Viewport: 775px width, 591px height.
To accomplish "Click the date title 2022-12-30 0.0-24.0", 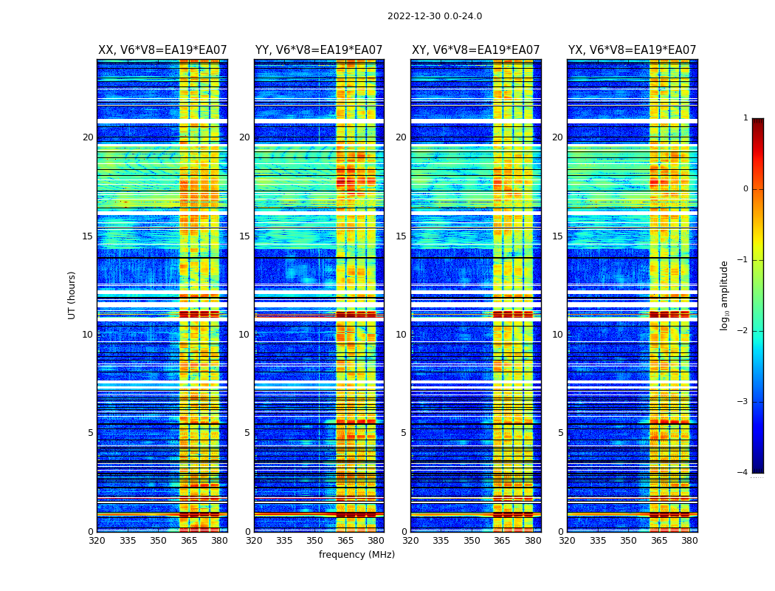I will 435,16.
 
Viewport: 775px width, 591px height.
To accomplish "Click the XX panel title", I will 162,50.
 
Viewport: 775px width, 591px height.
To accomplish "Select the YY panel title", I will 319,50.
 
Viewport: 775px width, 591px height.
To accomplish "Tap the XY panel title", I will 475,50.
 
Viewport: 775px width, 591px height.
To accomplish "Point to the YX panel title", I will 632,50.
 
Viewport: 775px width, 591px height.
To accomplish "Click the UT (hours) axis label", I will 72,295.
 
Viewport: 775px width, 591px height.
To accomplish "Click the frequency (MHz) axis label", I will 356,555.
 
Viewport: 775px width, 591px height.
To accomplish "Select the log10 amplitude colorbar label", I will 725,295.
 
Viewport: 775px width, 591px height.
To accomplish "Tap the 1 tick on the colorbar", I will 745,118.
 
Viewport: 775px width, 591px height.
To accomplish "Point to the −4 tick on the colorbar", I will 743,473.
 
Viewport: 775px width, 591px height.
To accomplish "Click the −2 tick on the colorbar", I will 743,331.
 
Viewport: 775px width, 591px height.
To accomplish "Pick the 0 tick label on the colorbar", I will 745,189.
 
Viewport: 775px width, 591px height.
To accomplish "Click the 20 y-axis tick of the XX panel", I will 88,137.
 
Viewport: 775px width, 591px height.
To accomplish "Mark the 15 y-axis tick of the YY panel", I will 244,236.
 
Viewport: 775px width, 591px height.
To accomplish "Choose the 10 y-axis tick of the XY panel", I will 401,335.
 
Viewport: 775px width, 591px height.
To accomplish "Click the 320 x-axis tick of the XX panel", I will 97,540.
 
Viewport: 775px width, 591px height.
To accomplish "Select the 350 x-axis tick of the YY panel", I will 315,540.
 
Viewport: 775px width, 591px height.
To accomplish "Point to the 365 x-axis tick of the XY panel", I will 502,540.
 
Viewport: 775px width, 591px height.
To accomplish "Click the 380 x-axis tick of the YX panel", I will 689,540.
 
